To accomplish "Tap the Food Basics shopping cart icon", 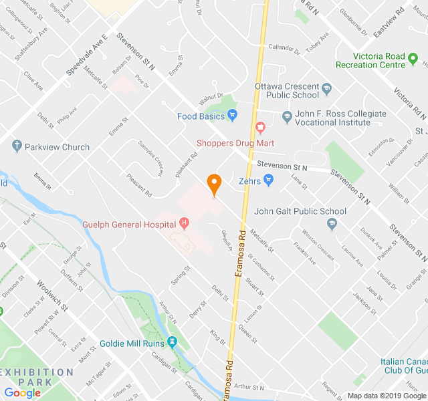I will [233, 116].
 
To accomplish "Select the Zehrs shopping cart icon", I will [269, 179].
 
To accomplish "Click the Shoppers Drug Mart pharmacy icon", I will [261, 127].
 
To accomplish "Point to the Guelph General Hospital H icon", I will [185, 224].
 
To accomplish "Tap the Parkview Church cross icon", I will [17, 146].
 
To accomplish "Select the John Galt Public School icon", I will [333, 225].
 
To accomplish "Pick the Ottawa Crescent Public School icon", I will [327, 88].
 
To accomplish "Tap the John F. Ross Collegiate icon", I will [287, 116].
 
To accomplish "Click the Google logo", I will [22, 392].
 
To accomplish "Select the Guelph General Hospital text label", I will [129, 225].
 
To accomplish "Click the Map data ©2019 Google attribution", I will [385, 395].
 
